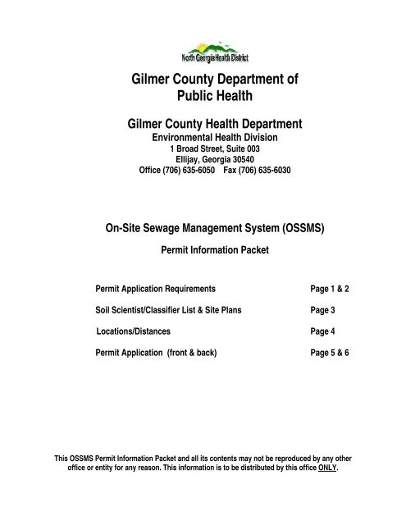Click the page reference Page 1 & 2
335,290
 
